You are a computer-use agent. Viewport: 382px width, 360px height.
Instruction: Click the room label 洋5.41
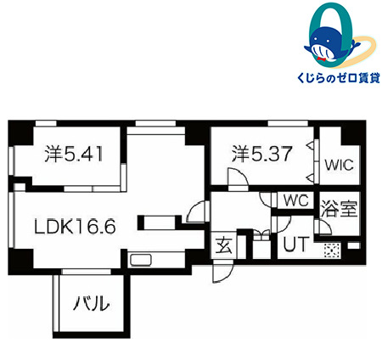[74, 154]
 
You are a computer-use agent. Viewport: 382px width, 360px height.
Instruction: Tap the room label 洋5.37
[261, 154]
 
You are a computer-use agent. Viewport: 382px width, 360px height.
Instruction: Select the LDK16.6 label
[75, 226]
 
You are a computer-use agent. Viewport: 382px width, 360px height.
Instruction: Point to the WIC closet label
[339, 165]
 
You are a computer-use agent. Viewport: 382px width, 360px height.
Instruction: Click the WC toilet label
[296, 200]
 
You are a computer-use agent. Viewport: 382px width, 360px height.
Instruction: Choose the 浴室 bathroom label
[339, 209]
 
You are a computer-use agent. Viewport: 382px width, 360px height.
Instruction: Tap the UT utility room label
[295, 244]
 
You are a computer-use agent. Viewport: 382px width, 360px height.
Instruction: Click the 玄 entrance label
[224, 245]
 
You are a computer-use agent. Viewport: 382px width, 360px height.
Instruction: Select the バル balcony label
[91, 303]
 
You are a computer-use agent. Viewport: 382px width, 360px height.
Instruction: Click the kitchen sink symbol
[141, 260]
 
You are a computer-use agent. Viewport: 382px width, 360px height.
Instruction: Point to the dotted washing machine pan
[332, 250]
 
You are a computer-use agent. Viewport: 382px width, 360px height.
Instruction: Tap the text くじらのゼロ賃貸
[338, 76]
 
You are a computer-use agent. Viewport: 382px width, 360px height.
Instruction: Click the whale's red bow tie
[322, 59]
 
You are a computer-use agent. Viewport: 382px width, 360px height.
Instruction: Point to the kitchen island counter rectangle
[159, 222]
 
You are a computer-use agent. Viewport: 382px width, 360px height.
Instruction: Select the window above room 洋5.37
[288, 123]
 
